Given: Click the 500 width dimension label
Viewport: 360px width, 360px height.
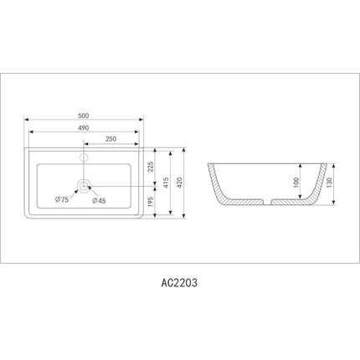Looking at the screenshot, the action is pyautogui.click(x=84, y=116).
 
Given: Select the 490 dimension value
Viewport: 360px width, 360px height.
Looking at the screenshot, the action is pyautogui.click(x=84, y=128).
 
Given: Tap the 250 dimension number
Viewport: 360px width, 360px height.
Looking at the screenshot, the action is pyautogui.click(x=111, y=139).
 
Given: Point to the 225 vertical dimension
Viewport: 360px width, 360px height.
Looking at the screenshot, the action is pyautogui.click(x=150, y=167).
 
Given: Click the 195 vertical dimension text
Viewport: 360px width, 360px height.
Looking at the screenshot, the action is pyautogui.click(x=150, y=201).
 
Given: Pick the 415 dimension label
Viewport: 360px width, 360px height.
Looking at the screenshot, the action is pyautogui.click(x=166, y=183).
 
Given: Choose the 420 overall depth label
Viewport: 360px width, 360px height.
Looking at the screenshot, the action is pyautogui.click(x=179, y=183).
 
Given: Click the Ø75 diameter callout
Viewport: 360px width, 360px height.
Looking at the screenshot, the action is pyautogui.click(x=62, y=199).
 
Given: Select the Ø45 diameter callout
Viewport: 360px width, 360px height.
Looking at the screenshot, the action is pyautogui.click(x=99, y=200).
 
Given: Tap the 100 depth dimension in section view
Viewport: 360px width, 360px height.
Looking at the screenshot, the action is pyautogui.click(x=296, y=183).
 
